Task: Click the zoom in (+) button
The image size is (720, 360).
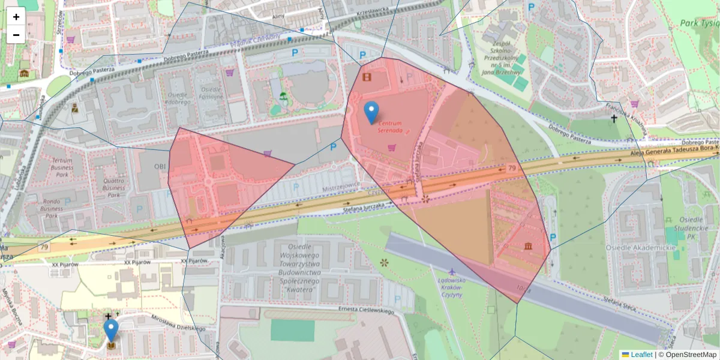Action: pos(16,17)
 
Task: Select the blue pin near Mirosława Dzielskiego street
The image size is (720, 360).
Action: pos(111,330)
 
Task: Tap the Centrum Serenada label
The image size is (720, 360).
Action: pos(390,127)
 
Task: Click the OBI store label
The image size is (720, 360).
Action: pos(160,166)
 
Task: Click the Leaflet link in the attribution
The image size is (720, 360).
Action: pos(641,355)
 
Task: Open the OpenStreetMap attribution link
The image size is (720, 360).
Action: pos(690,355)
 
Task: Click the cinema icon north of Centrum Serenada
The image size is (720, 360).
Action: pos(367,76)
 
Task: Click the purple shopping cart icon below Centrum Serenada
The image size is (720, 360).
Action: pos(392,148)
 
